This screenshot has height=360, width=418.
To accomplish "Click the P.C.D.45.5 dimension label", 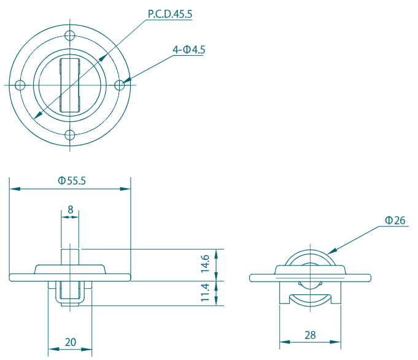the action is (170, 14).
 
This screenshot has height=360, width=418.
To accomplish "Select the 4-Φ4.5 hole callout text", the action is (188, 50).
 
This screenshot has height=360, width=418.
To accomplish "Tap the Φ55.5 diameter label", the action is (72, 180).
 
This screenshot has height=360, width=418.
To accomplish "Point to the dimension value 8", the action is (70, 210).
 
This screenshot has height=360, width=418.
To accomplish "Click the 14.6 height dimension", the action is (206, 264).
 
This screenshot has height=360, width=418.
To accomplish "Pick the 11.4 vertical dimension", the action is (206, 293).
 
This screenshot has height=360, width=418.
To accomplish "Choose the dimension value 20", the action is (71, 342).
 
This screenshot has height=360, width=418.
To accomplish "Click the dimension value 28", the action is (310, 335).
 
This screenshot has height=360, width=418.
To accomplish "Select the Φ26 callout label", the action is (395, 220).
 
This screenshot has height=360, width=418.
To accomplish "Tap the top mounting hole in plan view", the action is (70, 36).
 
